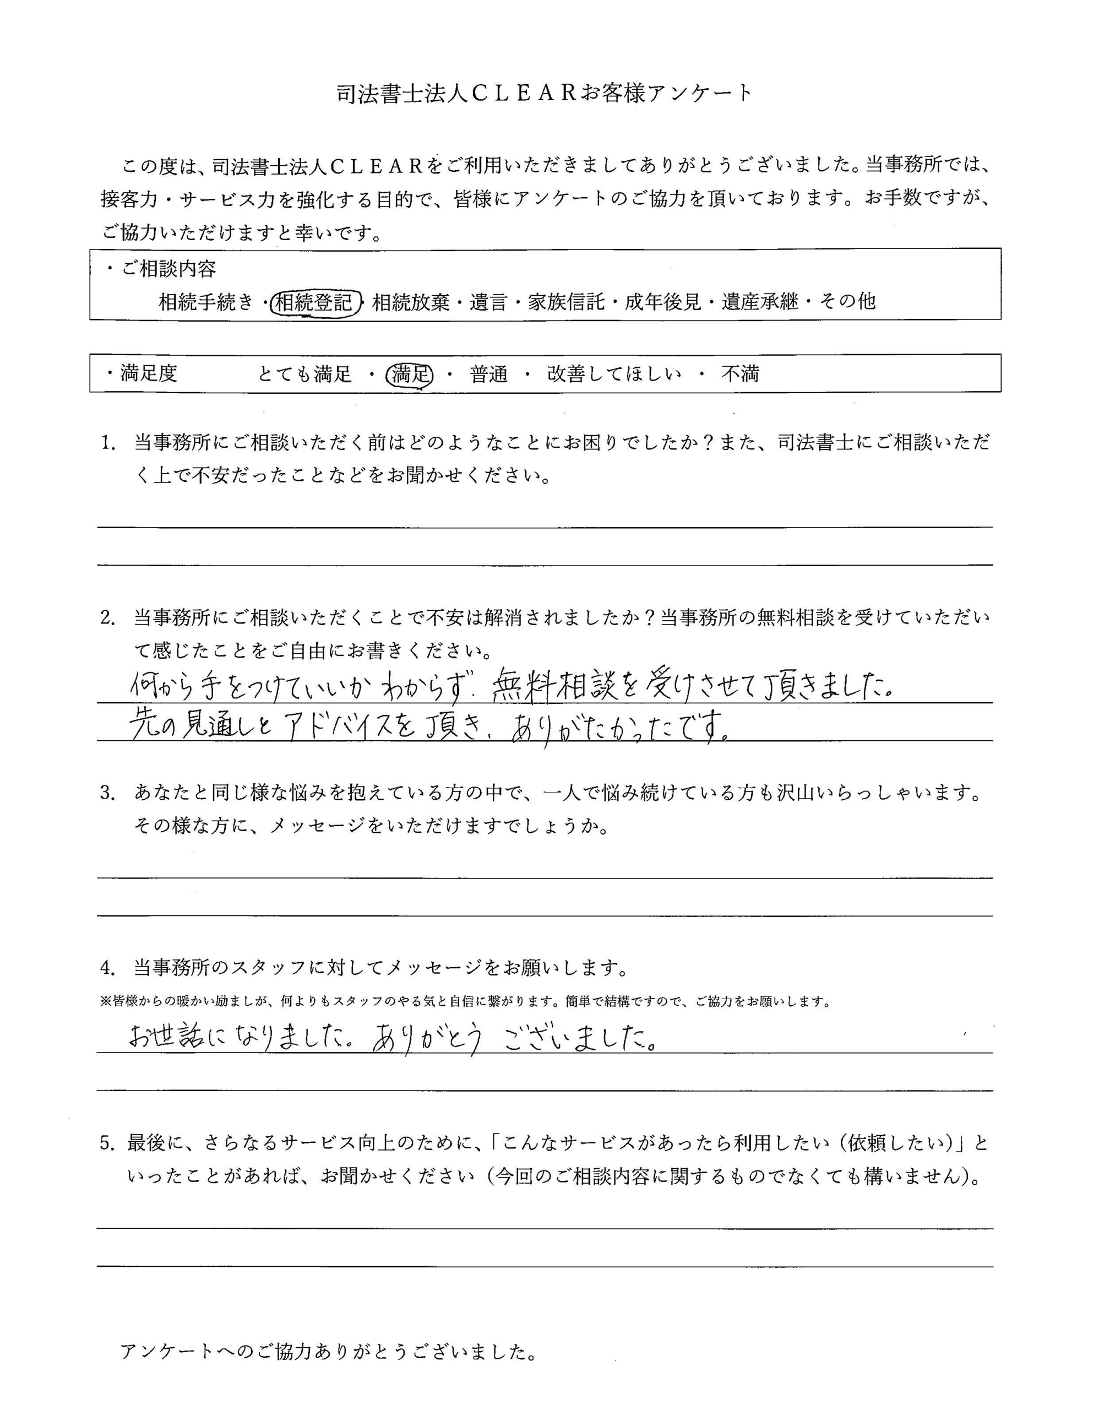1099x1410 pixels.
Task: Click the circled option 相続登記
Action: click(314, 301)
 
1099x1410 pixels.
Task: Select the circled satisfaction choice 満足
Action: click(409, 375)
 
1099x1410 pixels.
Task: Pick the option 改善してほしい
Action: click(614, 374)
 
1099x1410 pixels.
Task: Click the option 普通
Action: click(488, 374)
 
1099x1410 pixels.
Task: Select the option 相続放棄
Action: click(411, 301)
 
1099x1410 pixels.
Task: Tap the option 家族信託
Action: click(566, 301)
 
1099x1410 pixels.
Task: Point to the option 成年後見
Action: click(663, 301)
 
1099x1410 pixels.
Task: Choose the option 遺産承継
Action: click(760, 301)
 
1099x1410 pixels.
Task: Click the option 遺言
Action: click(488, 301)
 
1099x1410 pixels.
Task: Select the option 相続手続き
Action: click(206, 301)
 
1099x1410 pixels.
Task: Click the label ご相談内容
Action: click(169, 269)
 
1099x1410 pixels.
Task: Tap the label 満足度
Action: click(149, 373)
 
